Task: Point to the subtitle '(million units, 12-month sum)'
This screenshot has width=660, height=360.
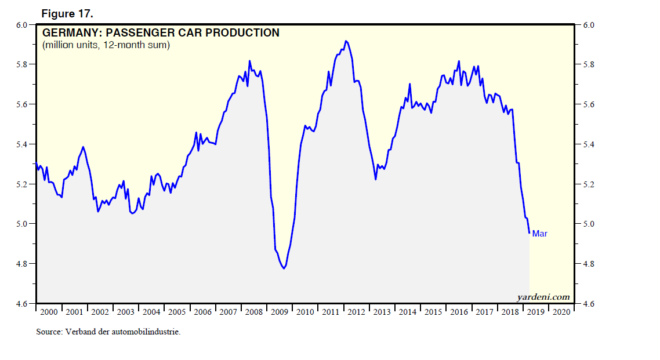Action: coord(106,45)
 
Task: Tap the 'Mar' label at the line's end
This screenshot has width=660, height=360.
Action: coord(539,234)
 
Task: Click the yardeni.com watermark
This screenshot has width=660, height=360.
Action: coord(543,297)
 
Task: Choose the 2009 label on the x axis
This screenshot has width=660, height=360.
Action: coord(279,312)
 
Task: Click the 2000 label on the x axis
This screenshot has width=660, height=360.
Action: coord(50,312)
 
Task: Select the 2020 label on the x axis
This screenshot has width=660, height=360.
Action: coord(561,312)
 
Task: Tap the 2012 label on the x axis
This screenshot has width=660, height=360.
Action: coord(356,312)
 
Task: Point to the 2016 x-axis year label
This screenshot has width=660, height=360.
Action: coord(458,312)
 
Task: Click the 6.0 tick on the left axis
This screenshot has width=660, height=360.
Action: coord(21,25)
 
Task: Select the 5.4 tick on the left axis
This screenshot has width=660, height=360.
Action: coord(21,144)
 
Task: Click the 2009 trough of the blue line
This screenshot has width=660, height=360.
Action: coord(284,268)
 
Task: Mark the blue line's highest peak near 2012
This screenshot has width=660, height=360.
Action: coord(346,41)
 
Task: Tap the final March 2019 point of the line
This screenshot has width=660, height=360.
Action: coord(529,233)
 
